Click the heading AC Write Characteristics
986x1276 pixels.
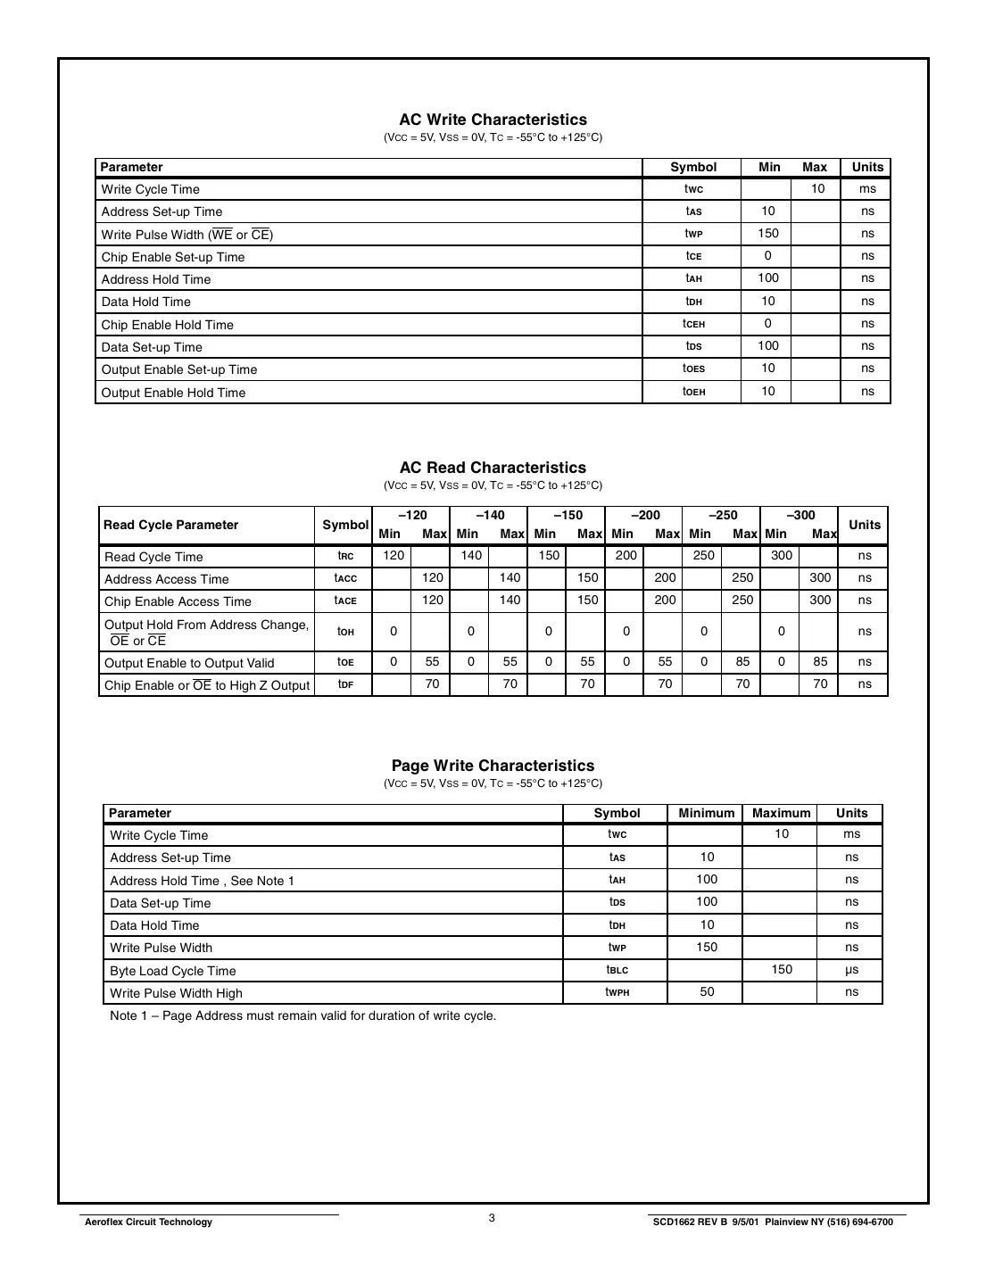(493, 120)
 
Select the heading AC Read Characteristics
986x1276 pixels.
(493, 468)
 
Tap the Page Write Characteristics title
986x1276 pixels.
(493, 766)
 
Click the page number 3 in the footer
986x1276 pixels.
(492, 1218)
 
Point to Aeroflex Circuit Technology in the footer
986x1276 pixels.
(148, 1222)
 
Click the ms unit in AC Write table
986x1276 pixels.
(867, 189)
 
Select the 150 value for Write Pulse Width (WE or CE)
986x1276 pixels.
(767, 234)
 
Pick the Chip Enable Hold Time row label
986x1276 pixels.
(167, 325)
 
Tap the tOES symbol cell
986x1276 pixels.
(693, 369)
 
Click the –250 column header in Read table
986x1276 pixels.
(723, 515)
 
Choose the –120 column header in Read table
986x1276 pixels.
(412, 515)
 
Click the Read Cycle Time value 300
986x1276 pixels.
(781, 555)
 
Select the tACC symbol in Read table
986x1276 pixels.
(345, 578)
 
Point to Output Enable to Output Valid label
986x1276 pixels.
(189, 663)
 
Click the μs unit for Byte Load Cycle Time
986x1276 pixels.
(851, 970)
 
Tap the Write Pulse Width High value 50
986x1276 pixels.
(707, 992)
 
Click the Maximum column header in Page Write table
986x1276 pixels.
(781, 813)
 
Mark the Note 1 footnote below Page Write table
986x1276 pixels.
(302, 1015)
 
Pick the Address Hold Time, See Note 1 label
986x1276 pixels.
(202, 881)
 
